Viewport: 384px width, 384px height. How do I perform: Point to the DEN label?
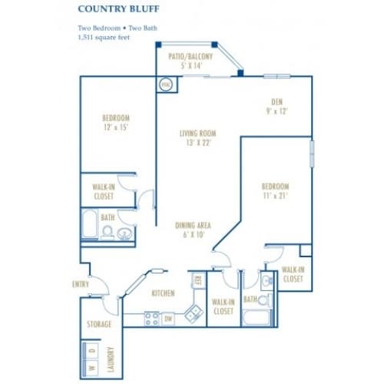coord(278,101)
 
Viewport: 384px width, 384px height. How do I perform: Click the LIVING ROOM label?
coord(191,133)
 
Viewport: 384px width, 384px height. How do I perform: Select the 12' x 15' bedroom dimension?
coord(114,128)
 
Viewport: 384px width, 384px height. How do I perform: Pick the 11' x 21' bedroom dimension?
coord(275,196)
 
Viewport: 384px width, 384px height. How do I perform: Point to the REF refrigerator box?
coord(197,280)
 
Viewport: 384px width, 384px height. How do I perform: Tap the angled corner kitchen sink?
coord(193,312)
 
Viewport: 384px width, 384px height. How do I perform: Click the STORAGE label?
coord(99,324)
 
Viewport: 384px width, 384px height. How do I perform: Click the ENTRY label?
coord(79,284)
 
